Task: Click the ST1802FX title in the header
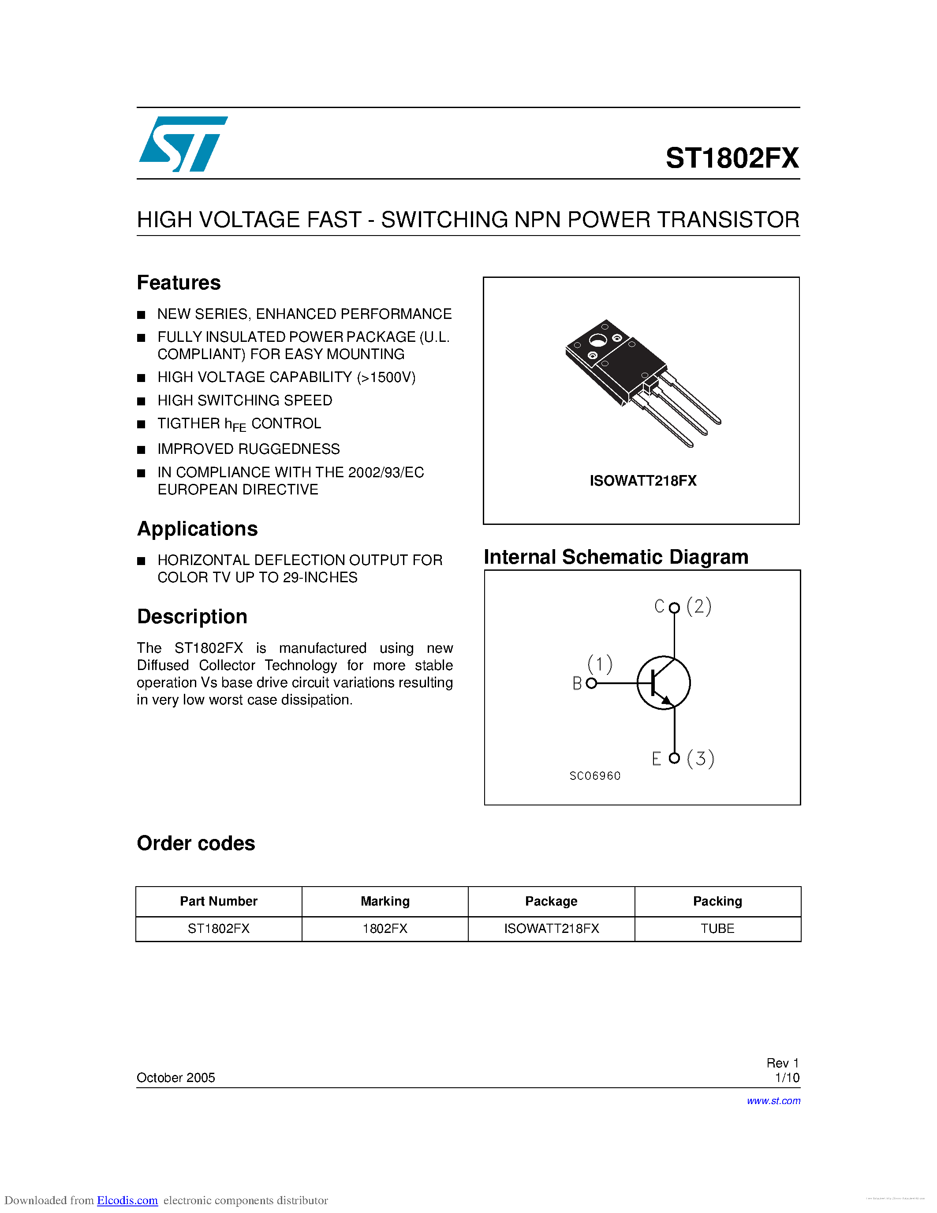[732, 158]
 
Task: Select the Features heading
[179, 283]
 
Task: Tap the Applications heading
[198, 529]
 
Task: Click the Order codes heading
[196, 843]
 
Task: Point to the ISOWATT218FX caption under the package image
[643, 480]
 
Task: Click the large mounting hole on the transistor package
[597, 340]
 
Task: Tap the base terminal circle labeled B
[591, 683]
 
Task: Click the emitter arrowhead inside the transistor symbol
[667, 701]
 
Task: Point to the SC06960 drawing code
[594, 776]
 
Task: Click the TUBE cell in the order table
[717, 928]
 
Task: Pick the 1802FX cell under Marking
[385, 928]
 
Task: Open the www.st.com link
[773, 1101]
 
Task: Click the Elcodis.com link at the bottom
[127, 1200]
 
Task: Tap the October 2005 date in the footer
[175, 1078]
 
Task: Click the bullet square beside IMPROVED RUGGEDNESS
[141, 449]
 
